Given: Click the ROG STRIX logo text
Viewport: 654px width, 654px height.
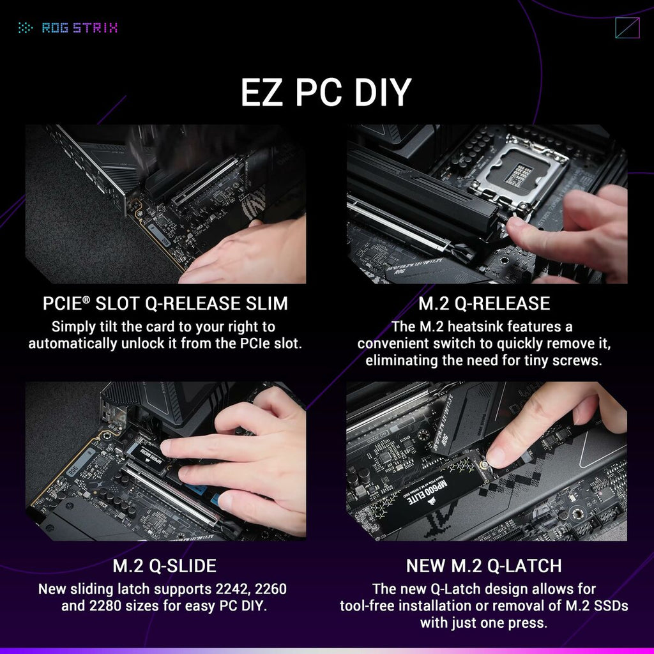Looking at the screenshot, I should (x=79, y=27).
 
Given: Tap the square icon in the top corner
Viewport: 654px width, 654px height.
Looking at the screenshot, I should (x=627, y=27).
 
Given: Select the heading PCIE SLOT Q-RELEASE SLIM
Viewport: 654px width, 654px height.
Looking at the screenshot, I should (x=165, y=303).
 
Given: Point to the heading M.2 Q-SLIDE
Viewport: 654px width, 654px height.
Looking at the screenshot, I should (x=165, y=566).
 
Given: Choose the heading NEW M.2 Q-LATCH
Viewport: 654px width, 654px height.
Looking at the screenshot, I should (x=483, y=566).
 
